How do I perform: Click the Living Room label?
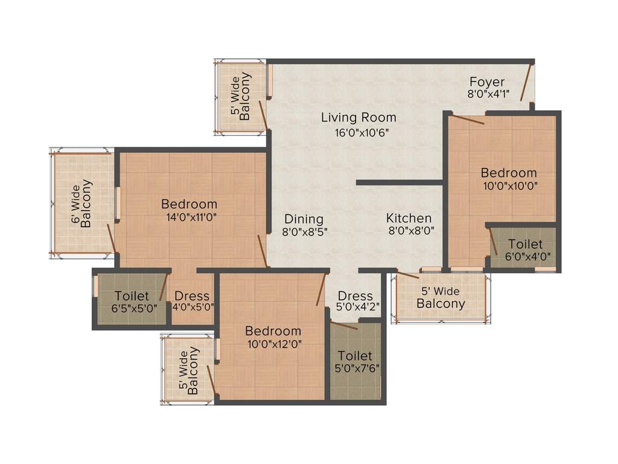[x=358, y=117]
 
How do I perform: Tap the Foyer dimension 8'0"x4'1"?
[x=488, y=94]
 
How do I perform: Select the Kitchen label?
[x=409, y=218]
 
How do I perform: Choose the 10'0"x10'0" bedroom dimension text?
[x=508, y=185]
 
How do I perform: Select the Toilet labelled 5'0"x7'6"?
[x=355, y=361]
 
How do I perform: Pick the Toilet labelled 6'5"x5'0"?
[x=132, y=301]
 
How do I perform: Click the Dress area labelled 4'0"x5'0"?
[x=192, y=301]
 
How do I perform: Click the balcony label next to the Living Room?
[x=240, y=97]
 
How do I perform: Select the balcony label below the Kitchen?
[x=441, y=298]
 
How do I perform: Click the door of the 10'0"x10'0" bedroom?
[x=468, y=120]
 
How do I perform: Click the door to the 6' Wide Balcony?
[x=111, y=239]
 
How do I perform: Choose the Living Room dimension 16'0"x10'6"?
[x=358, y=133]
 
